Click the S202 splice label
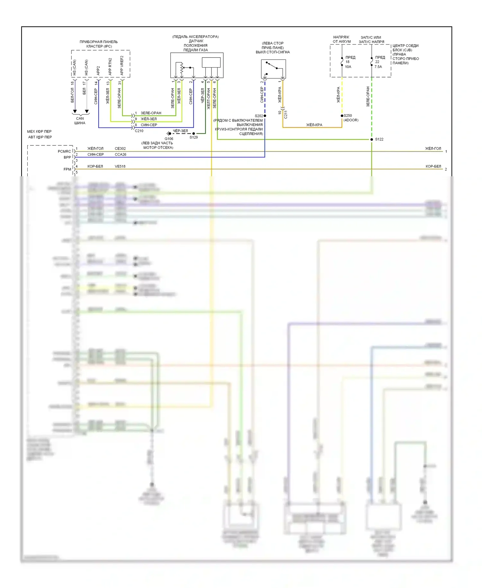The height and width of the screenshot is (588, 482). (x=259, y=116)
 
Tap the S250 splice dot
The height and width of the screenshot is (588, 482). (x=342, y=116)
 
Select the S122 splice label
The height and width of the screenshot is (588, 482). (x=379, y=139)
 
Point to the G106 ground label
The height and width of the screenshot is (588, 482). (x=169, y=139)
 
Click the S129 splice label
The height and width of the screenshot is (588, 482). (x=193, y=137)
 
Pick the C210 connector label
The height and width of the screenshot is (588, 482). (x=139, y=131)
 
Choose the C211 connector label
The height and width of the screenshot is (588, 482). (x=286, y=114)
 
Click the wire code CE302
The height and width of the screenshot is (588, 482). (x=120, y=149)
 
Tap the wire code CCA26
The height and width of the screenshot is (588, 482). (x=121, y=154)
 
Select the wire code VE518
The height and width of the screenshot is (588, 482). (x=120, y=166)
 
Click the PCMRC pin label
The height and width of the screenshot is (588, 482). (x=64, y=152)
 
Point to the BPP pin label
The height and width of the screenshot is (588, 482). (x=67, y=157)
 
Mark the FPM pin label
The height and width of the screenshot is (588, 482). (x=67, y=169)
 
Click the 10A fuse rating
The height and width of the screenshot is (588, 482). (x=348, y=67)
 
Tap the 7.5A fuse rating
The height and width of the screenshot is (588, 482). (x=378, y=67)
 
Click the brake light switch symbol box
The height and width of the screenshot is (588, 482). (x=273, y=69)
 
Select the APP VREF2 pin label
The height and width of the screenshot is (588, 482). (x=122, y=66)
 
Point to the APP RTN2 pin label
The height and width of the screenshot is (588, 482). (x=110, y=67)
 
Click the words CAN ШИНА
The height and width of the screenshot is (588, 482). (x=80, y=121)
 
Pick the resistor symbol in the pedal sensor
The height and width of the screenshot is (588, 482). (x=182, y=68)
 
